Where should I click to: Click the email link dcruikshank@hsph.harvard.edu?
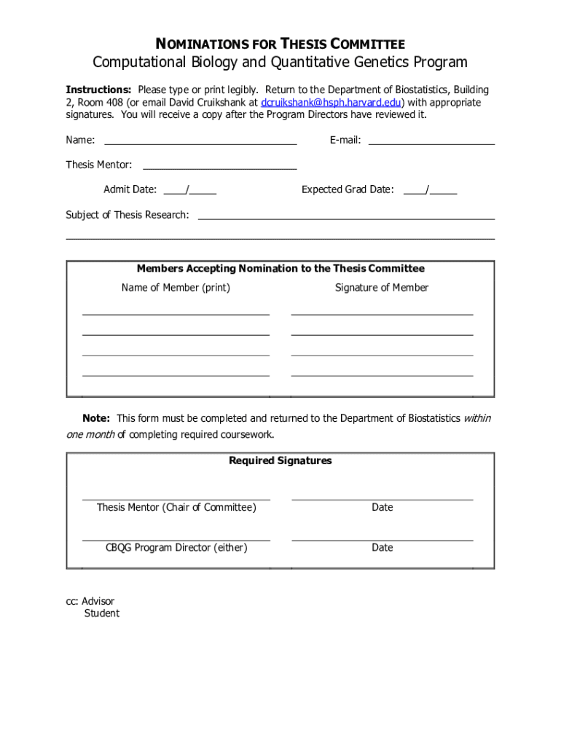pos(332,103)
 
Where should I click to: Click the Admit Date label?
pos(130,189)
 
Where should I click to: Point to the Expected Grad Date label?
pos(348,189)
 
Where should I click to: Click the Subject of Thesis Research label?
pos(127,215)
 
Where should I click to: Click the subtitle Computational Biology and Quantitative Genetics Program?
pos(280,62)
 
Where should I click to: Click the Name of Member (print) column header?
pos(176,288)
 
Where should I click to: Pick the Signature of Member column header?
pos(382,288)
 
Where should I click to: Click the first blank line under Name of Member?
pos(176,313)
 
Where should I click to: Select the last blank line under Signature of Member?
pos(382,374)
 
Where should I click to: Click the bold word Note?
pos(96,418)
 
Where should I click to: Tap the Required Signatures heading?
pos(280,460)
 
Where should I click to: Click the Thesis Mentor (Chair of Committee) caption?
pos(176,507)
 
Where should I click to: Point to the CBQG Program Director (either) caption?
pos(176,547)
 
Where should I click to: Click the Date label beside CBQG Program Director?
pos(382,547)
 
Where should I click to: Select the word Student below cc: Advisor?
pos(102,613)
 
